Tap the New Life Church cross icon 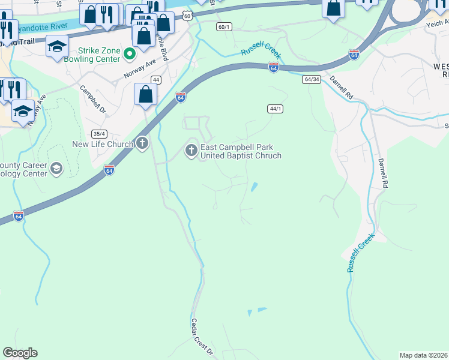point(142,143)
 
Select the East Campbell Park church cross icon point(191,150)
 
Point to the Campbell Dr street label point(93,99)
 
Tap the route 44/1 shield point(275,109)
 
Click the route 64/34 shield point(311,79)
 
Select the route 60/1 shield point(224,27)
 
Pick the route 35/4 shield point(99,134)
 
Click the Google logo point(20,353)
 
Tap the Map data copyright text point(424,355)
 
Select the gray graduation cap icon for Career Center point(56,169)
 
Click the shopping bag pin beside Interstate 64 point(145,95)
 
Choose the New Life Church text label point(102,144)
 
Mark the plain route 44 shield point(155,80)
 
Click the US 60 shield point(188,16)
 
